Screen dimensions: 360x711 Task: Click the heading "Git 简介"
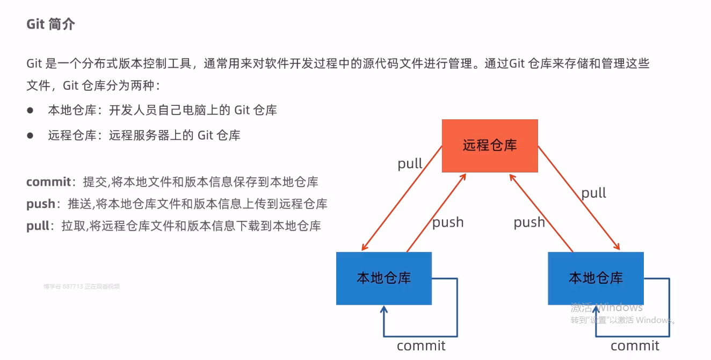51,25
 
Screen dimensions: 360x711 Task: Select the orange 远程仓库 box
490,146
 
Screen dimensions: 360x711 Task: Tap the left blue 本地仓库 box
383,278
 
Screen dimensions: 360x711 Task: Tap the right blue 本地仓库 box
596,278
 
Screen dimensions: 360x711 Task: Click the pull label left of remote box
410,163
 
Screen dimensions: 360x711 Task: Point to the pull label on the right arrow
593,193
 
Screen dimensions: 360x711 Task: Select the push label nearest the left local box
448,222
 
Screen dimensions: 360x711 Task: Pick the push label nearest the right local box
529,222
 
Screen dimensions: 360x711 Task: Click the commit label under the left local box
421,345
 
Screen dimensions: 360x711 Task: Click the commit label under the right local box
635,345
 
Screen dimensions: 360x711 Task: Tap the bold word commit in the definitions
48,182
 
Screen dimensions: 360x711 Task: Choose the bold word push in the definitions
41,204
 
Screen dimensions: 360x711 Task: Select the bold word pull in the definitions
38,226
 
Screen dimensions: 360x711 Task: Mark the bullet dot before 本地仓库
31,110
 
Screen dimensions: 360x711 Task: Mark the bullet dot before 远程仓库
31,135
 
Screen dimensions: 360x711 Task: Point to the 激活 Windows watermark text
606,307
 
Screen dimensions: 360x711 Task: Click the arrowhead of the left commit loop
383,309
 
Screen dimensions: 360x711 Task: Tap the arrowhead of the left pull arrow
364,248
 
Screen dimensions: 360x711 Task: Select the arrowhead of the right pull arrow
617,248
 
